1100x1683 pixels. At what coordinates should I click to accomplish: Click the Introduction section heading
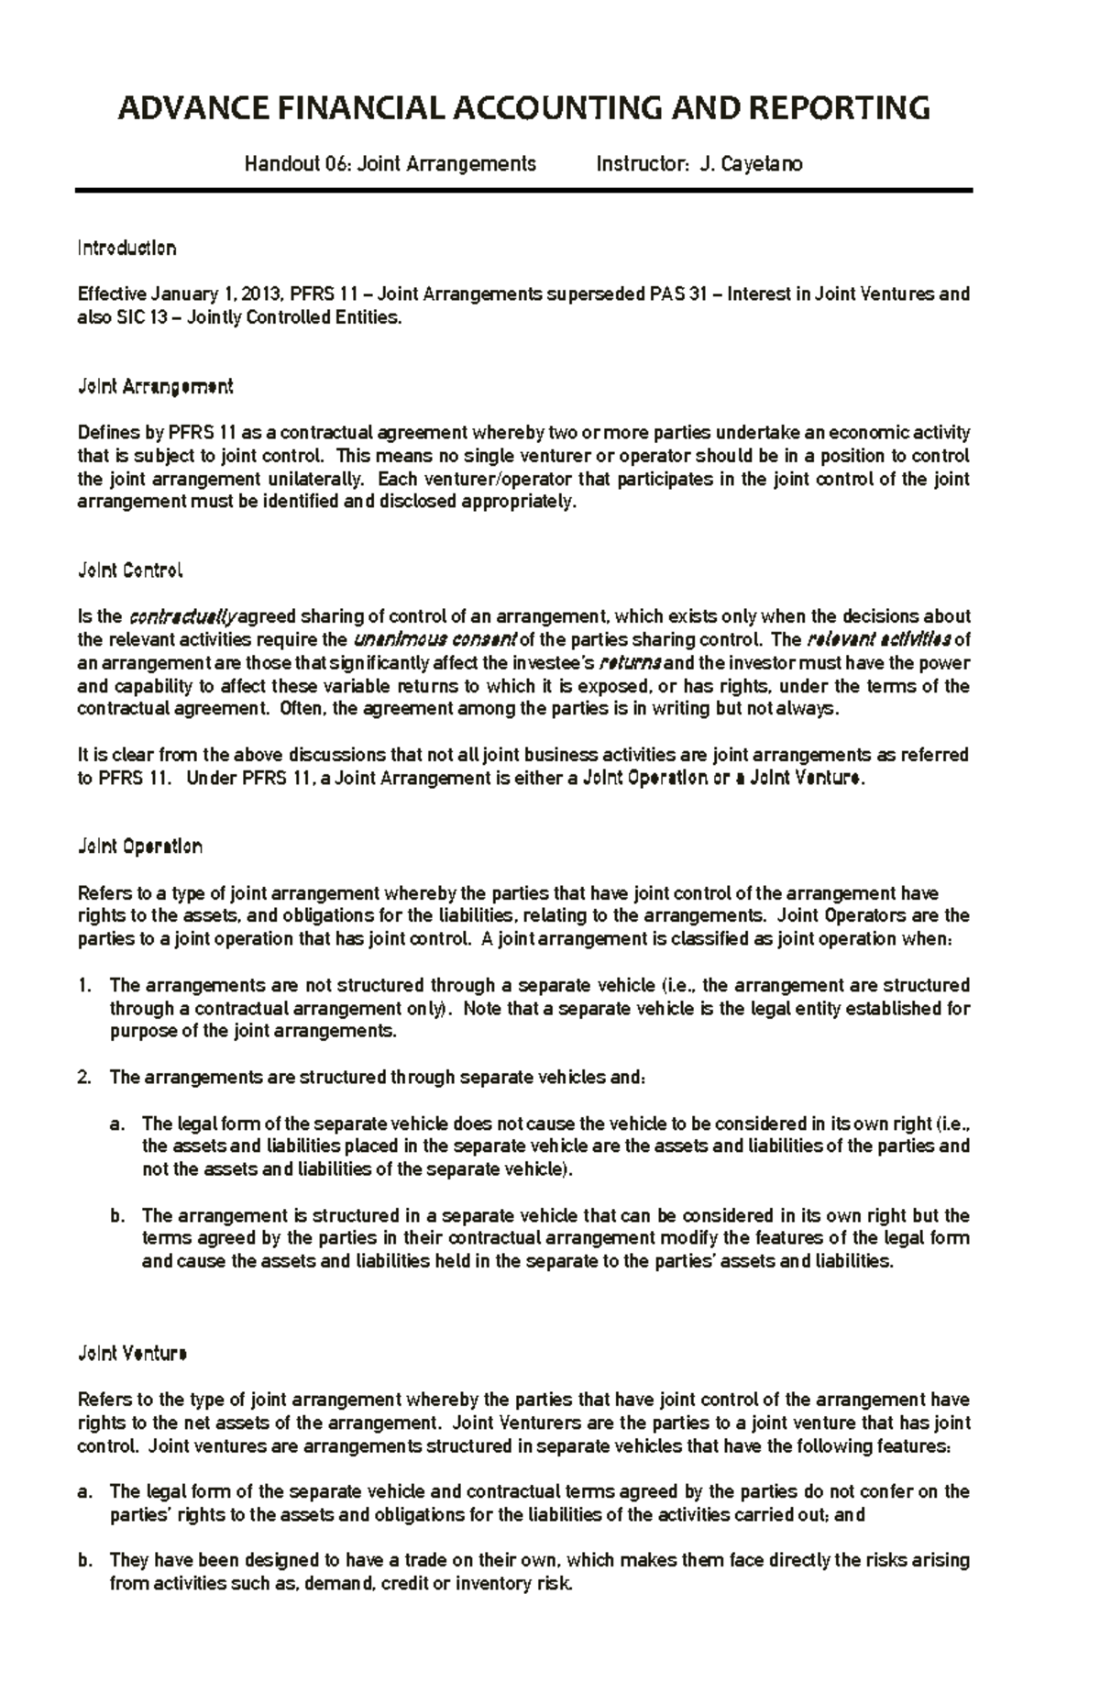(126, 249)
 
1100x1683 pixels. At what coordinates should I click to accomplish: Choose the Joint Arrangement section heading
(155, 387)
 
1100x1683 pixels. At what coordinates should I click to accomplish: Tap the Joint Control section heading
(130, 570)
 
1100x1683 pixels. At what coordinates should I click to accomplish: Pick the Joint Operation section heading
(139, 847)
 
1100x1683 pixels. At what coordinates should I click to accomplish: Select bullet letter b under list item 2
(116, 1215)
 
